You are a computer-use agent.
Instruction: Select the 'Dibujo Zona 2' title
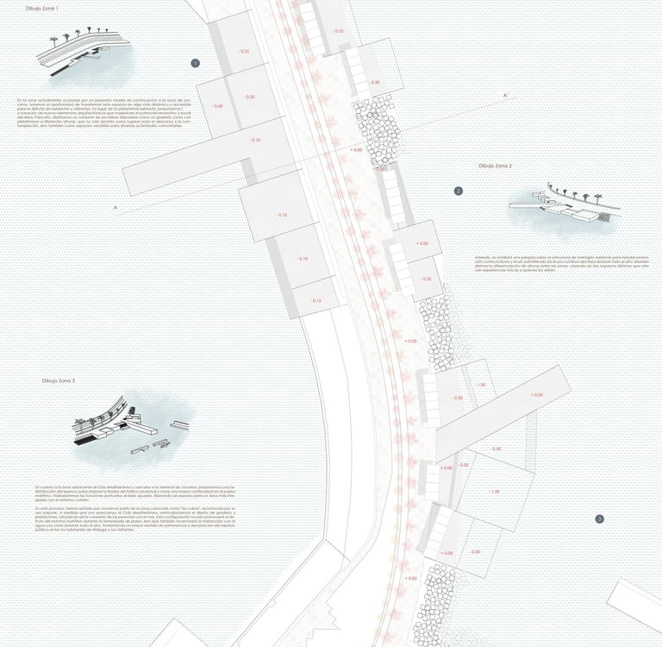click(496, 165)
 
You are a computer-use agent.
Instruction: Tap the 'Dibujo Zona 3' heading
click(58, 380)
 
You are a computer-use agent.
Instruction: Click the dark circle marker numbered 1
click(195, 63)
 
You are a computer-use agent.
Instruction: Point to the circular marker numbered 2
click(459, 192)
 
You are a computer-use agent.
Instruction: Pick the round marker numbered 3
click(599, 518)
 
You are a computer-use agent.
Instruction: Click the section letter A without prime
click(115, 208)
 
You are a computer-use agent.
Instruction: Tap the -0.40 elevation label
click(216, 106)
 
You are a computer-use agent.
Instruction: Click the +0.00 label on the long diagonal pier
click(537, 395)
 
